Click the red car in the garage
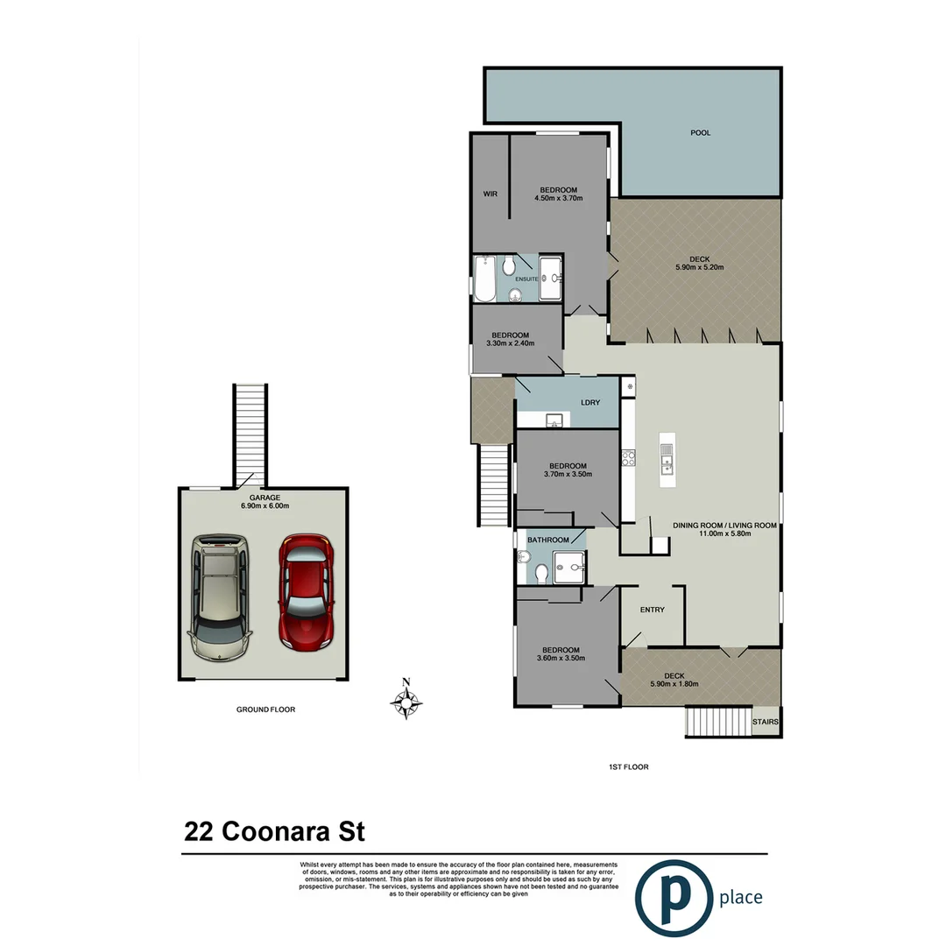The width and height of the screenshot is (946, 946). coord(304,592)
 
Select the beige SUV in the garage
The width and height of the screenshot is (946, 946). coord(220,597)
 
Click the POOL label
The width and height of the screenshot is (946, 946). coord(700,133)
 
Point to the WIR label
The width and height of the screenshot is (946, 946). coord(491,194)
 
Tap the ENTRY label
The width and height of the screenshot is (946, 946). coord(652,611)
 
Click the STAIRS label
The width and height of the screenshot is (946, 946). coord(765,723)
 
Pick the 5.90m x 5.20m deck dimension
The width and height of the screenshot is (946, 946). coord(698,268)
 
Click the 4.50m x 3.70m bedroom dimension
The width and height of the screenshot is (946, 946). coord(558,199)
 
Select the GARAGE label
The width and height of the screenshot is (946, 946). coord(264,498)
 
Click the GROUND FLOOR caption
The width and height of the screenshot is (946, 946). coord(265,709)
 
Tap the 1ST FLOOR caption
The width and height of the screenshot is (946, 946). coord(628,766)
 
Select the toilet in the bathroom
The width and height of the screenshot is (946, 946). coord(541,573)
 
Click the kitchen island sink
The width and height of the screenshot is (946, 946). coord(667,458)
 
